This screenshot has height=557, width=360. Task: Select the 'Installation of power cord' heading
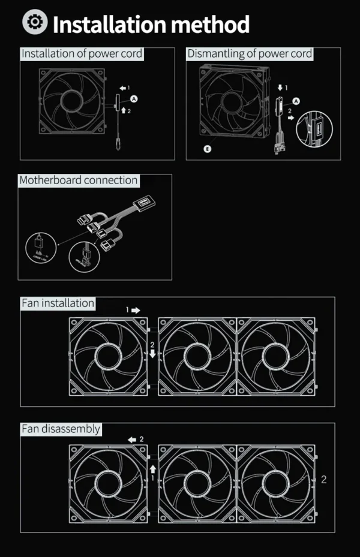pyautogui.click(x=82, y=54)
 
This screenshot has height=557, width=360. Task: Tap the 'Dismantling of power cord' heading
pyautogui.click(x=250, y=54)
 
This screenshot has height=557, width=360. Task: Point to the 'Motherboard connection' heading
pyautogui.click(x=79, y=180)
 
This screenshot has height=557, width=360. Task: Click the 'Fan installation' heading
pyautogui.click(x=58, y=303)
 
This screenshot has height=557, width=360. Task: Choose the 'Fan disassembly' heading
pyautogui.click(x=61, y=429)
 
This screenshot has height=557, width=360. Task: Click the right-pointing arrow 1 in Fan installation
pyautogui.click(x=136, y=311)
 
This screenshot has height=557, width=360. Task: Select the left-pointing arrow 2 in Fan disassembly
pyautogui.click(x=131, y=439)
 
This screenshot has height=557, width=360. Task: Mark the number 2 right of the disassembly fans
pyautogui.click(x=324, y=479)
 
